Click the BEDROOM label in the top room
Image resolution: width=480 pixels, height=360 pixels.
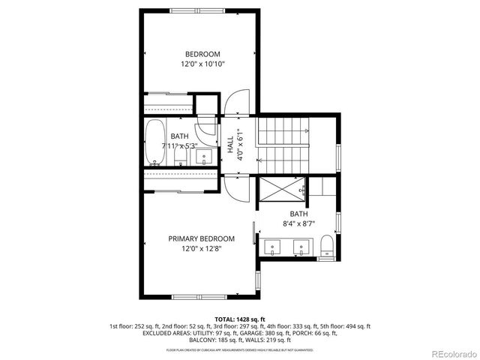tap(202, 54)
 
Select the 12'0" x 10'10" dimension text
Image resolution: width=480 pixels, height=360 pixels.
tap(202, 64)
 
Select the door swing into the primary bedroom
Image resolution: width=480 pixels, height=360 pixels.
tap(234, 187)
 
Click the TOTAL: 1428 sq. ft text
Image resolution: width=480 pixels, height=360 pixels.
tap(239, 319)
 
